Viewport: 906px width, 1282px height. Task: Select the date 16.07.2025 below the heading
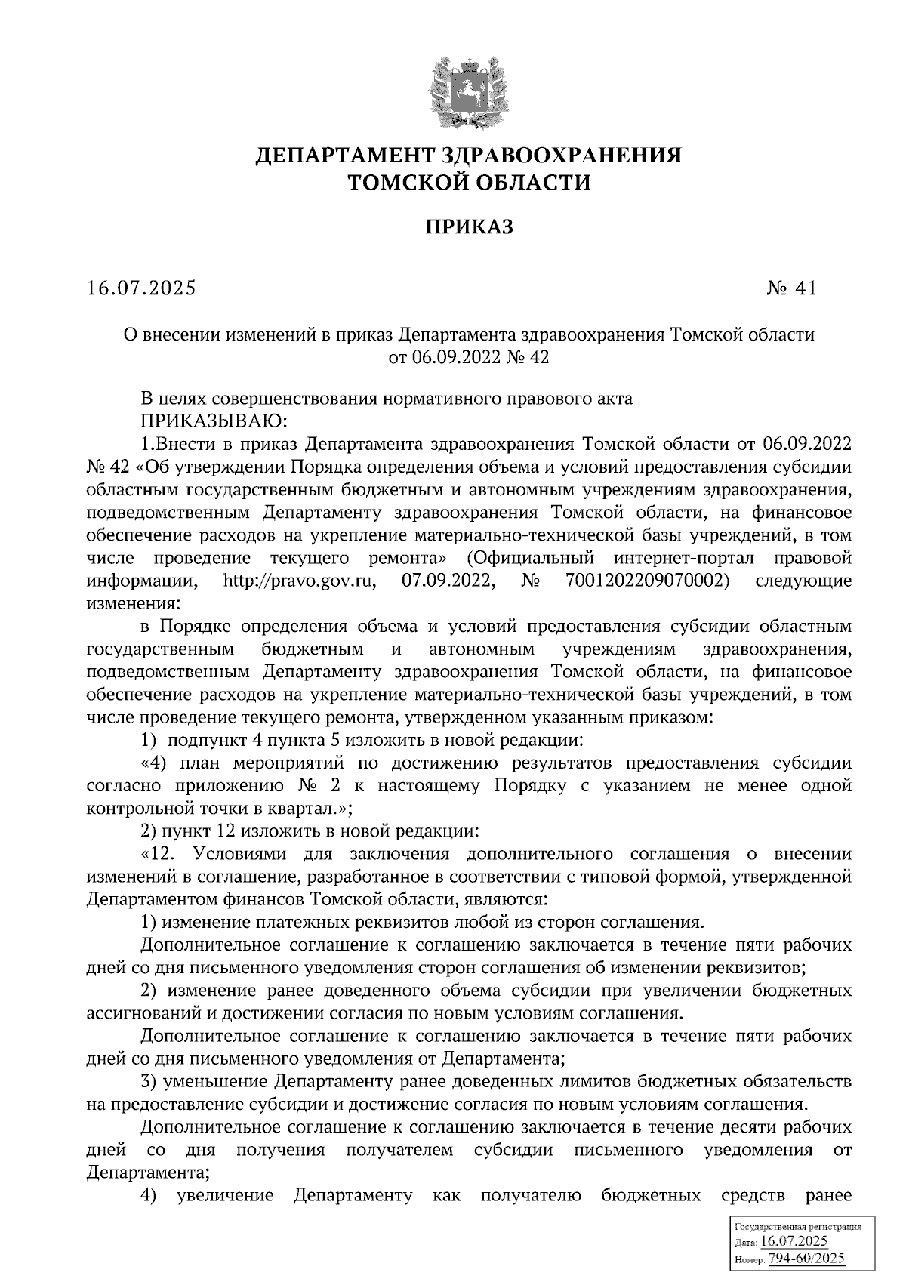tap(141, 288)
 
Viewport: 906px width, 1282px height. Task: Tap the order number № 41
tap(790, 288)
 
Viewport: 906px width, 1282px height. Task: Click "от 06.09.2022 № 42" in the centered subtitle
tap(467, 357)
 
